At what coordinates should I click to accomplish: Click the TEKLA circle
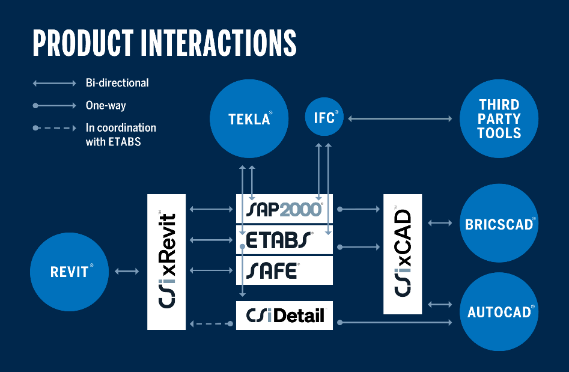pos(249,118)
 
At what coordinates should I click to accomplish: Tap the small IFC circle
pos(325,116)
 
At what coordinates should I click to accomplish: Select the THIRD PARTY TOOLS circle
pos(499,118)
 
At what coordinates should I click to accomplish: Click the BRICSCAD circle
pos(499,224)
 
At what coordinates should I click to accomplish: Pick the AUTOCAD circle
pos(499,312)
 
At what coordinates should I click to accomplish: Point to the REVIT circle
pos(69,272)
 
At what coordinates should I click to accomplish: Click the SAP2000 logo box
pos(284,209)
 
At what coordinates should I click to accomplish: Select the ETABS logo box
pos(284,240)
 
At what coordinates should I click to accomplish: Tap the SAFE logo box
pos(284,270)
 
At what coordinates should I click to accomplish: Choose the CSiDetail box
pos(284,315)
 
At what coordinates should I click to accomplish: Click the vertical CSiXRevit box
pos(166,261)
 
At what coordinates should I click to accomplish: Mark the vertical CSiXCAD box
pos(403,254)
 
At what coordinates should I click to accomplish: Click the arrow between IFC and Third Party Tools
pos(400,119)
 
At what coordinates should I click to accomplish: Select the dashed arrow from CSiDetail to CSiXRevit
pos(211,324)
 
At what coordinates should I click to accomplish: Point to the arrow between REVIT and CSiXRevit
pos(126,272)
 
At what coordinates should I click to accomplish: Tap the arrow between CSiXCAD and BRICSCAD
pos(440,224)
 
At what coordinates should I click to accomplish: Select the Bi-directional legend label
pos(117,82)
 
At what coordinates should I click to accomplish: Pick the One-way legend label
pos(106,106)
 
